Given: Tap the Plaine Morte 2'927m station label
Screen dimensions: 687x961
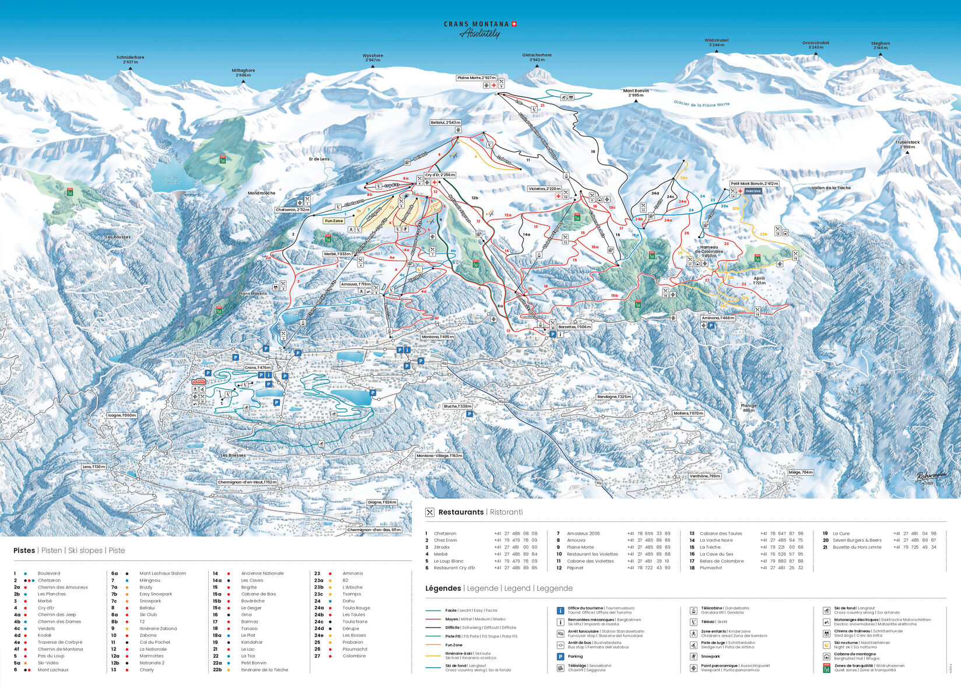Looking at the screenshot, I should pyautogui.click(x=476, y=78).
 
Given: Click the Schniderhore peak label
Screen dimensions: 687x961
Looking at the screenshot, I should pyautogui.click(x=130, y=57).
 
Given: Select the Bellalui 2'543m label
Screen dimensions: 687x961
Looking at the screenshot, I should pyautogui.click(x=446, y=122).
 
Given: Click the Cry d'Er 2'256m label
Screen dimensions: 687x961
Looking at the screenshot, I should pyautogui.click(x=440, y=175).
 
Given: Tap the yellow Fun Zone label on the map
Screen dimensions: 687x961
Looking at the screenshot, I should pyautogui.click(x=334, y=221).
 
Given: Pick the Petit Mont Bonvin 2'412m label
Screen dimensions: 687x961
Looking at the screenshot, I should pyautogui.click(x=754, y=183).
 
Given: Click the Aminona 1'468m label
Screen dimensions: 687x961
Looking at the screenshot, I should pyautogui.click(x=718, y=318).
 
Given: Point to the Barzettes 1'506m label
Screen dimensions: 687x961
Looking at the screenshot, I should pyautogui.click(x=574, y=327).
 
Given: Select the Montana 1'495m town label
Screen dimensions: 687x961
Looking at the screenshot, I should pyautogui.click(x=438, y=337).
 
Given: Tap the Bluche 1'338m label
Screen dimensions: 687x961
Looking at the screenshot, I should pyautogui.click(x=457, y=406).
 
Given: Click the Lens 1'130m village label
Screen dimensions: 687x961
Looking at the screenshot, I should pyautogui.click(x=94, y=467).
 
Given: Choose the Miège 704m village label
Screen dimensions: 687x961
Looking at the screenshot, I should pyautogui.click(x=800, y=472).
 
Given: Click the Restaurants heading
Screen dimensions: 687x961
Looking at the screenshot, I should pyautogui.click(x=461, y=512).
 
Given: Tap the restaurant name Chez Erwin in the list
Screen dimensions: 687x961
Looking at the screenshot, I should pyautogui.click(x=445, y=540).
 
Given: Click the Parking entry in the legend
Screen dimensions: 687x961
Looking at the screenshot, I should pyautogui.click(x=575, y=656).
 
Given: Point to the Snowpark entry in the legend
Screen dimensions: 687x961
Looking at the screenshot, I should pyautogui.click(x=711, y=656).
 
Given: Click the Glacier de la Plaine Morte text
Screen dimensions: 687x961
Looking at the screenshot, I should pyautogui.click(x=702, y=104).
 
